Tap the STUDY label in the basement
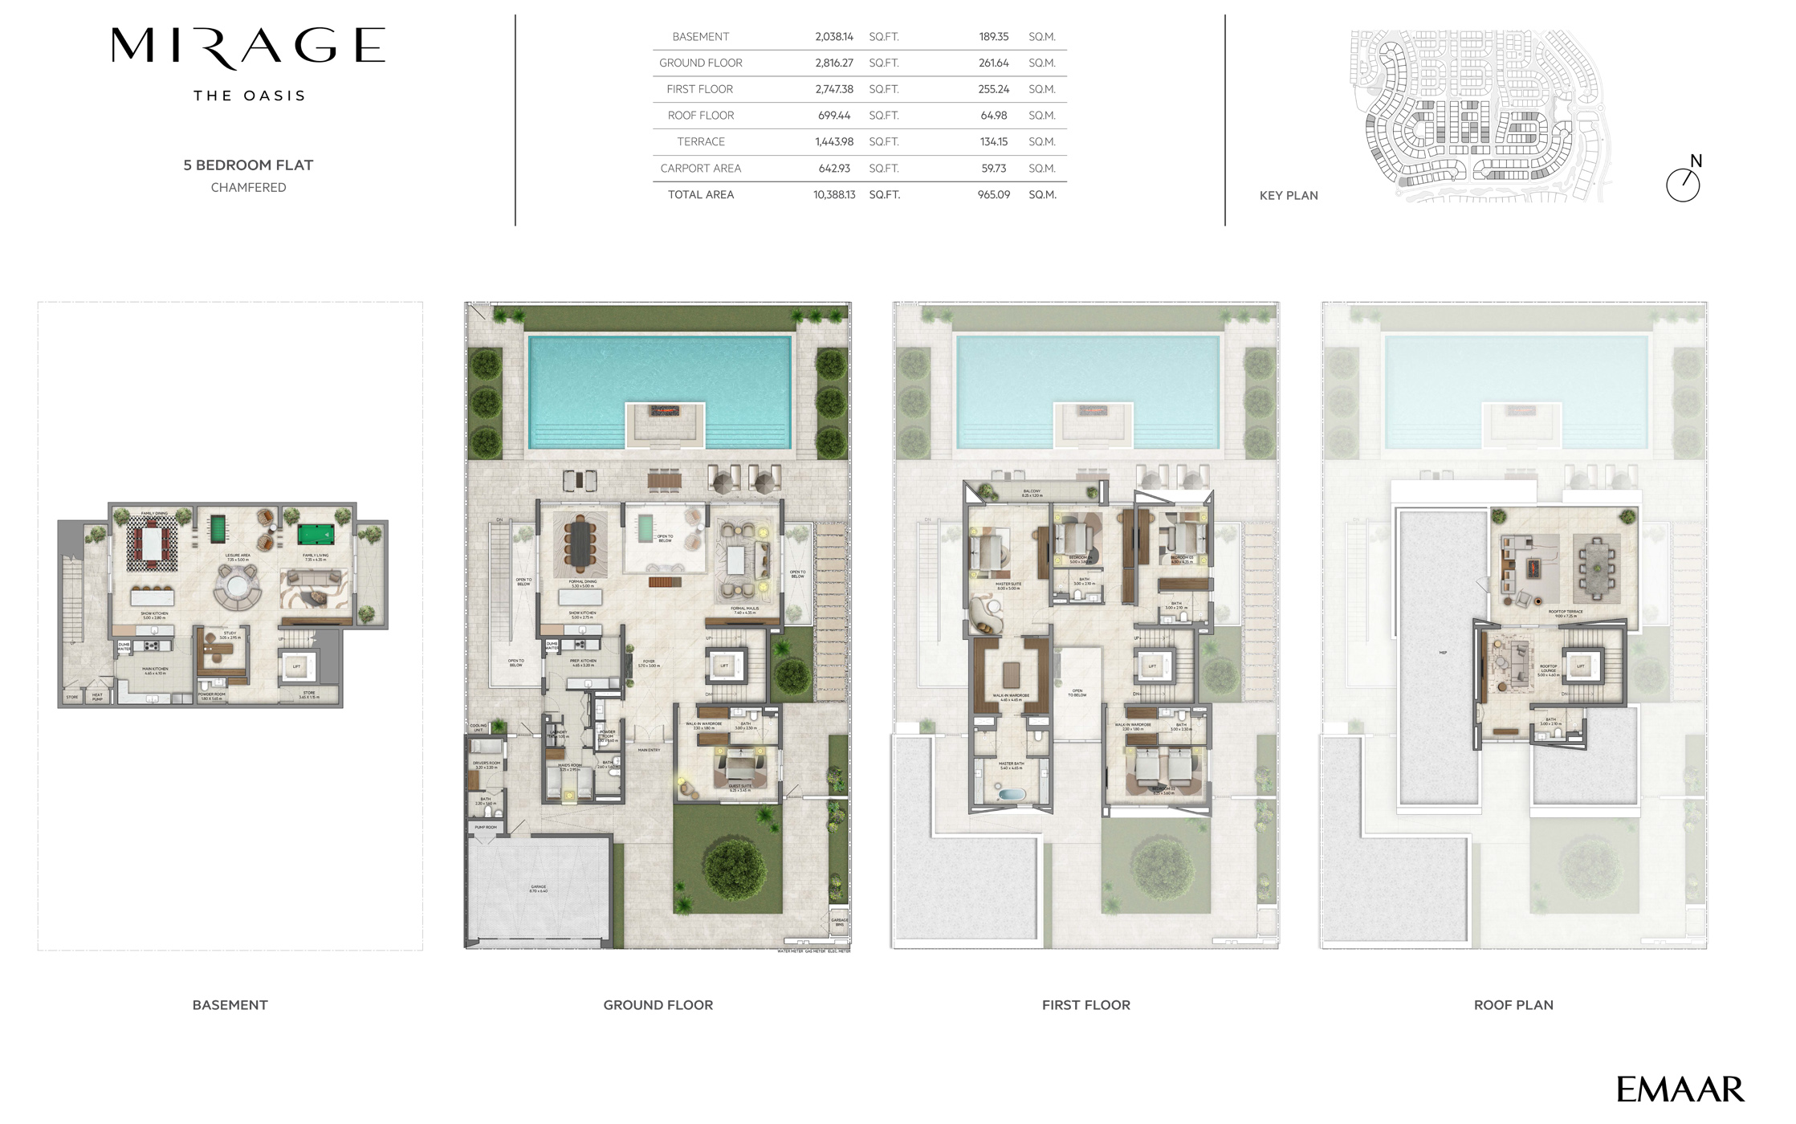point(230,633)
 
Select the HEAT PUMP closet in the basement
point(97,696)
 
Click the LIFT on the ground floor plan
point(724,666)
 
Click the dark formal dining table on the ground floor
point(579,540)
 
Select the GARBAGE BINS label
point(839,922)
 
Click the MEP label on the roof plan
point(1443,653)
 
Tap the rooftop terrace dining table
point(1596,568)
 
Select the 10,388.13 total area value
point(834,195)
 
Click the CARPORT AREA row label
point(700,169)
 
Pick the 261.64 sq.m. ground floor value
point(993,63)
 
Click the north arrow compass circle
point(1683,185)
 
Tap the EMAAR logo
point(1680,1089)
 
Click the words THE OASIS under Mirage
point(249,96)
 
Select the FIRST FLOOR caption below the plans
point(1085,1005)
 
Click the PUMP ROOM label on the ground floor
point(486,827)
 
